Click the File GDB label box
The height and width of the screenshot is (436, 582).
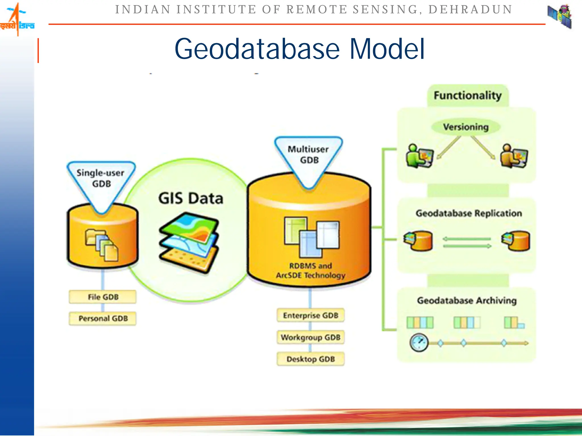[103, 297]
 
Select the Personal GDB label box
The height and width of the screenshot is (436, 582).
[103, 318]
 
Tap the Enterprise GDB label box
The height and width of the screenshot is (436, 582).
[311, 315]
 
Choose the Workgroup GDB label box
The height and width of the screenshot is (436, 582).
[311, 337]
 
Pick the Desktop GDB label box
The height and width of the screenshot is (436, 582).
[311, 359]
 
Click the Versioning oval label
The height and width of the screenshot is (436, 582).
[466, 127]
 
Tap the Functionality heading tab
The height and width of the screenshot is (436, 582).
[467, 95]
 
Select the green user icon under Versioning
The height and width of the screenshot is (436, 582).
[419, 156]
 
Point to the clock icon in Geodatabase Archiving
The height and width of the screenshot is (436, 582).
[419, 343]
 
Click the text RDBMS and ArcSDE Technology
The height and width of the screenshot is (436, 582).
[311, 271]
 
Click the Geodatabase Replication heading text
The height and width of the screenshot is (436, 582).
[469, 213]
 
